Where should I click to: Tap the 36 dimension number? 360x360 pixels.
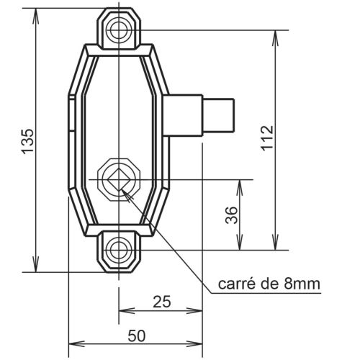(x=231, y=215)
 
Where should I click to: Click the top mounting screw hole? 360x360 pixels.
(x=117, y=29)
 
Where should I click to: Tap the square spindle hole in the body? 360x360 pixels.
(x=117, y=177)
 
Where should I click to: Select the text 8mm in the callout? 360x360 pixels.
(x=303, y=284)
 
